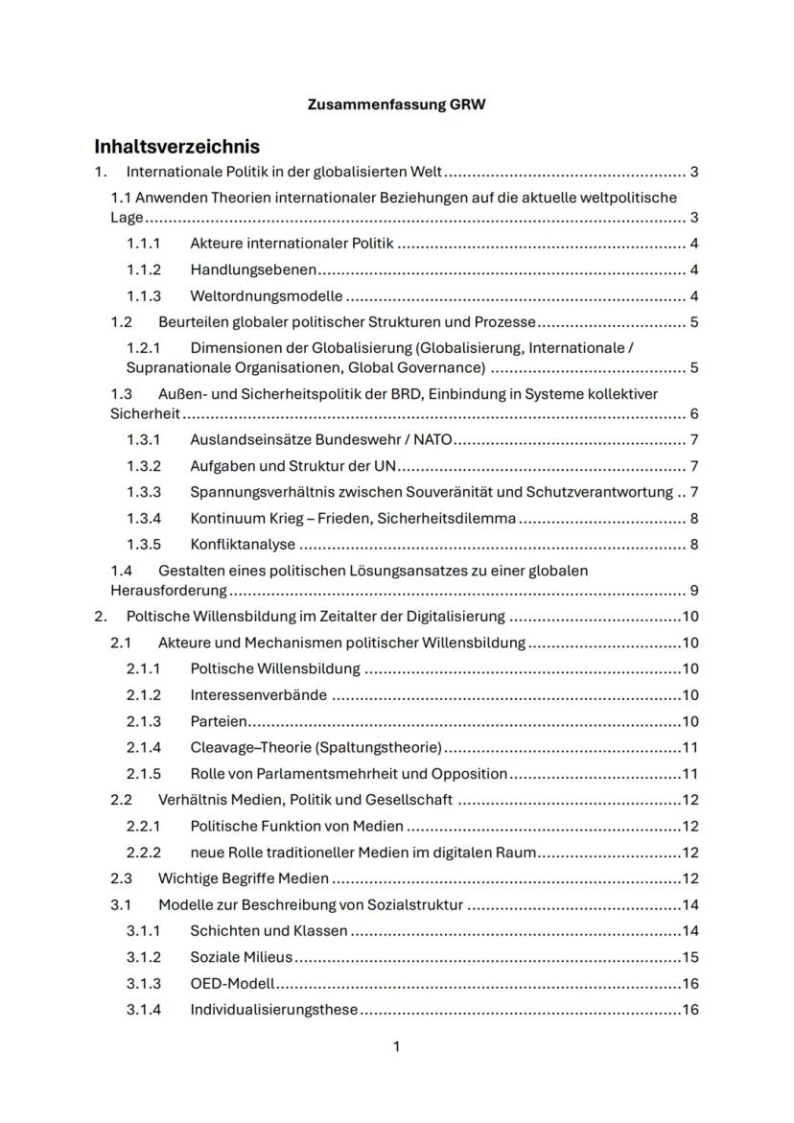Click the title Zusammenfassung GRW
click(x=396, y=105)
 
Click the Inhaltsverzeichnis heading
click(x=176, y=147)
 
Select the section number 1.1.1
click(x=144, y=244)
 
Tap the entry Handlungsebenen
click(x=253, y=269)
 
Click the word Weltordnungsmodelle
click(x=266, y=295)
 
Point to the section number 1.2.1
click(x=144, y=347)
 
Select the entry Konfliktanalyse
click(x=242, y=545)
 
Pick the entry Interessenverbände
click(x=258, y=694)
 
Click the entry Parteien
click(x=219, y=721)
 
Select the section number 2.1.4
click(x=144, y=747)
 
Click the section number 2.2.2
click(x=144, y=853)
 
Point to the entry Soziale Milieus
click(x=241, y=957)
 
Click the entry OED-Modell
click(x=232, y=983)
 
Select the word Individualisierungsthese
click(x=273, y=1009)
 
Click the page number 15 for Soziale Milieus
click(x=689, y=957)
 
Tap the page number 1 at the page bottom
click(x=396, y=1046)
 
